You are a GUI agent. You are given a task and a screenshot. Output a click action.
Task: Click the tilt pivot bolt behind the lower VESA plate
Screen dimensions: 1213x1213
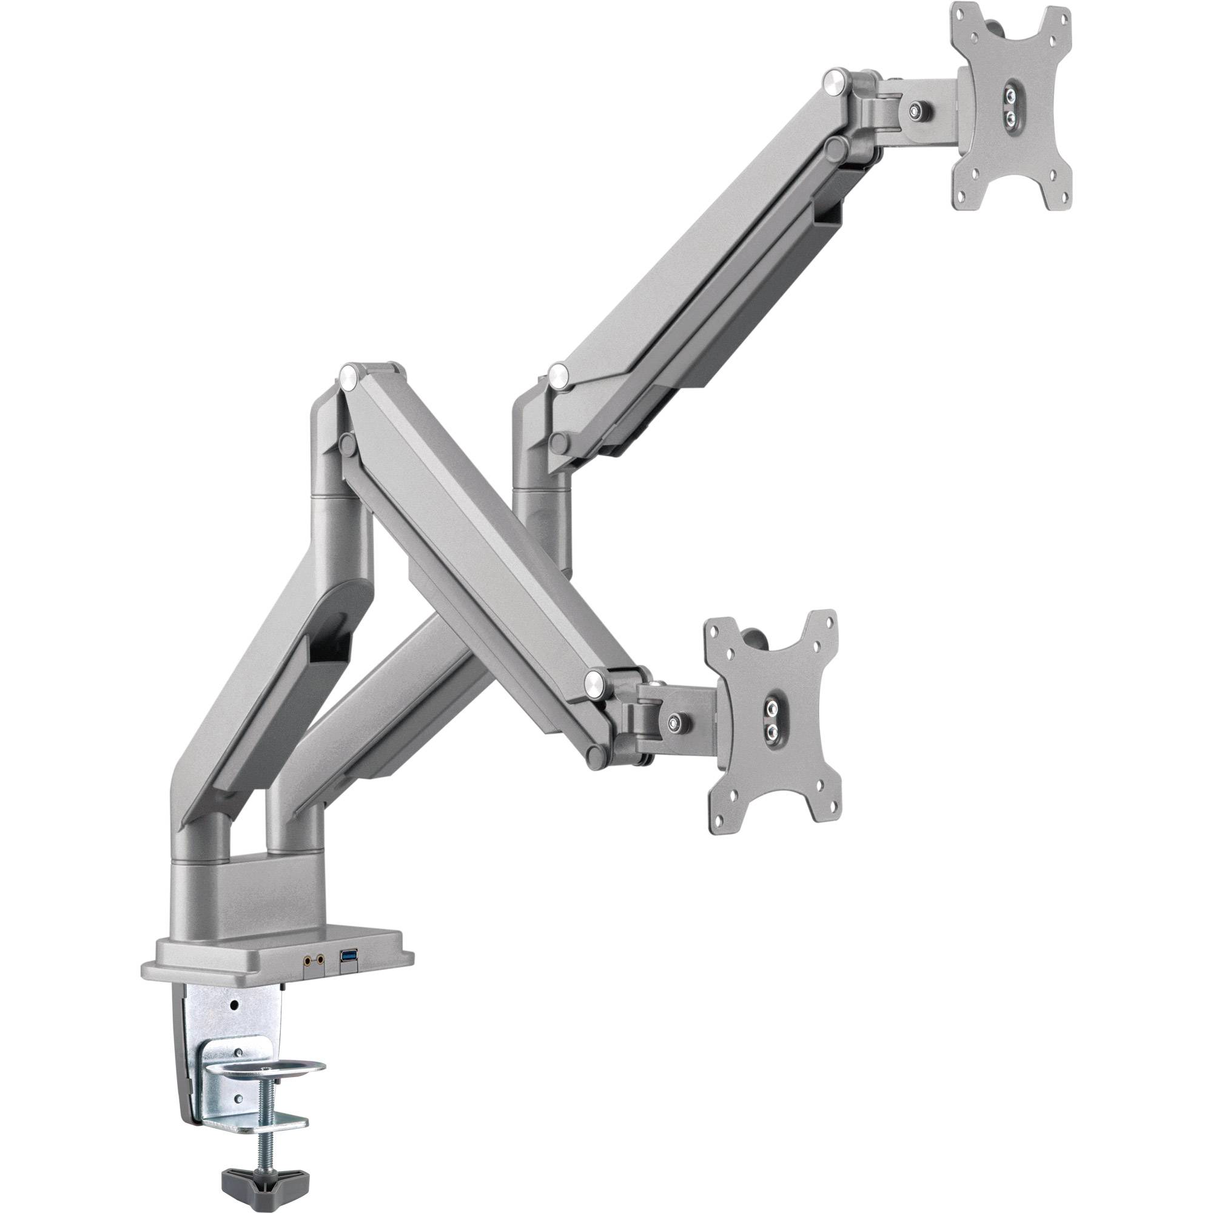point(677,719)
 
